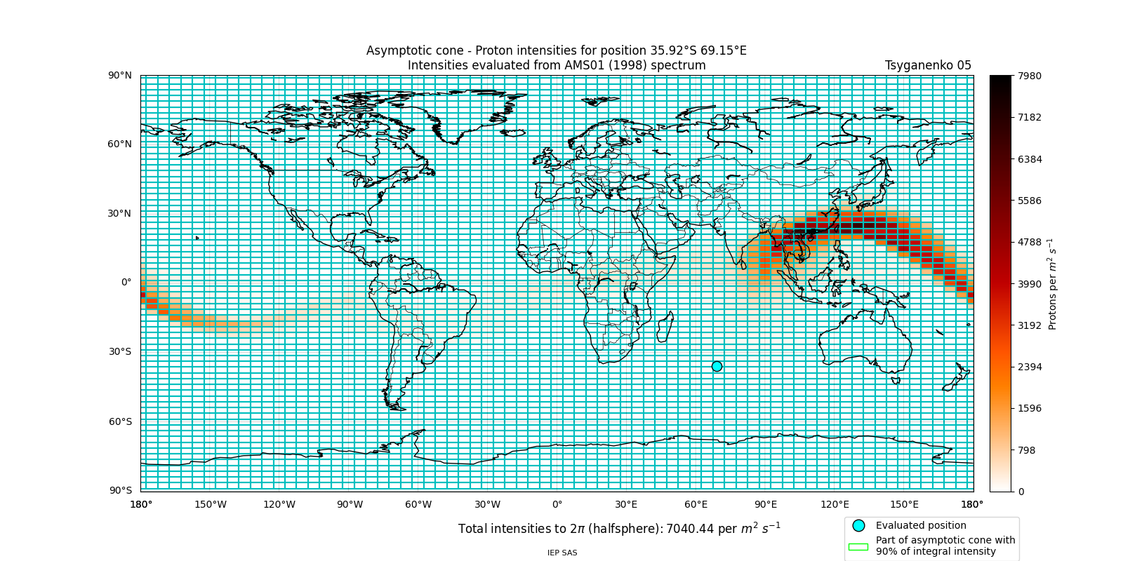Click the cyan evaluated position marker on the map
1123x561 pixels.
tap(717, 366)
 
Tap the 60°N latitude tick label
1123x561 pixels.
tap(119, 144)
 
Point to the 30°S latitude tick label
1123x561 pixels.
tap(119, 351)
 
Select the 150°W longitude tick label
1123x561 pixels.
tap(210, 504)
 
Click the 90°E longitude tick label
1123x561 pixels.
tap(766, 504)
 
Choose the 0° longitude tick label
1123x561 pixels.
tap(557, 504)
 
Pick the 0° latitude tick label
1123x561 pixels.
tap(126, 283)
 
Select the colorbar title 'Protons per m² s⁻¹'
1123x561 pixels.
tap(1052, 284)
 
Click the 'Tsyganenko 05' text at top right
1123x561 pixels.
tap(928, 65)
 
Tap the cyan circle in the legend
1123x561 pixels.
tap(858, 525)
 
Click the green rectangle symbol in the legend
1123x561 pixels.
tap(858, 546)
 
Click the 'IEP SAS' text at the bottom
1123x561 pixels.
tap(562, 553)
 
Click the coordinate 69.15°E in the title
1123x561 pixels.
tap(719, 50)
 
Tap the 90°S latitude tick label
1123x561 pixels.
tap(119, 490)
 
